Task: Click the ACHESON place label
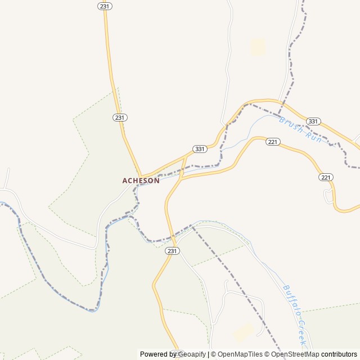141,181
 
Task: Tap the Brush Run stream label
300,130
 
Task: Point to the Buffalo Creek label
295,314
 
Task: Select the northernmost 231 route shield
105,6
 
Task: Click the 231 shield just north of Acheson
120,118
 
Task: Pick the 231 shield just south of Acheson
173,251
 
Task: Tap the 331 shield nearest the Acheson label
200,149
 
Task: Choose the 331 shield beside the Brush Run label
313,121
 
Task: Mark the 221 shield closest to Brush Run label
273,142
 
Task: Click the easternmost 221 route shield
326,177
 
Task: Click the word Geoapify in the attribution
191,354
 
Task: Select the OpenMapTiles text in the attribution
240,354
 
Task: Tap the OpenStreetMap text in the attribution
295,354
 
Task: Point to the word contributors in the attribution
339,354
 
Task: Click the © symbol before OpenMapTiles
213,354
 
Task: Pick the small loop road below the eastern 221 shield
329,196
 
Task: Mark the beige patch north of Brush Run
258,47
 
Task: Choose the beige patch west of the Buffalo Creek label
244,332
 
